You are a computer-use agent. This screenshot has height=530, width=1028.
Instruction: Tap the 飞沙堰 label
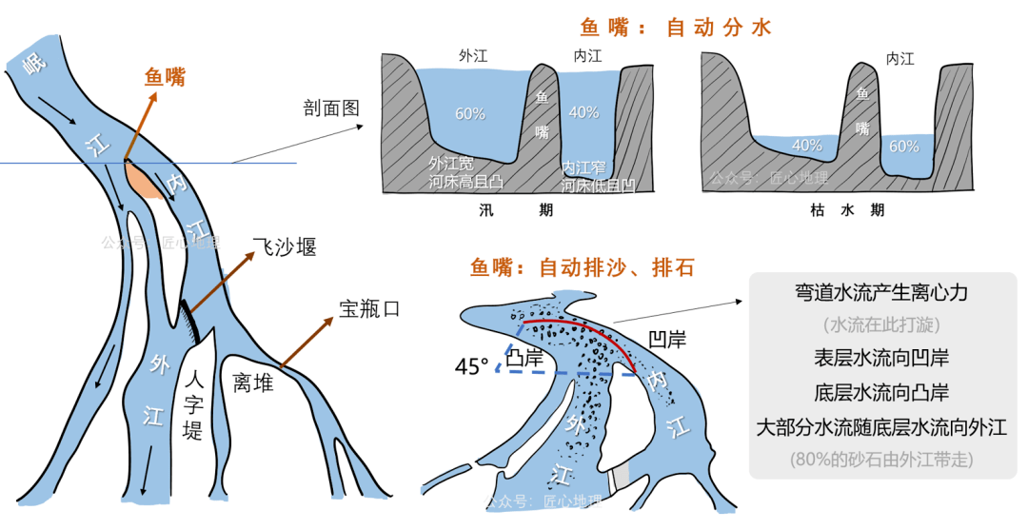coord(285,247)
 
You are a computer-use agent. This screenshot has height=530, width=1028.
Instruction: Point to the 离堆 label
coord(253,383)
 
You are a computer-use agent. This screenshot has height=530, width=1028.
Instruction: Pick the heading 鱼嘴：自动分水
coord(676,28)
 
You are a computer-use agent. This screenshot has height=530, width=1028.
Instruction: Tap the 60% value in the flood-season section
coord(470,113)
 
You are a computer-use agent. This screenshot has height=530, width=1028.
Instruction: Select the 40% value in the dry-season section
coord(806,146)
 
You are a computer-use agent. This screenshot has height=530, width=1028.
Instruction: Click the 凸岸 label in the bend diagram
coord(526,359)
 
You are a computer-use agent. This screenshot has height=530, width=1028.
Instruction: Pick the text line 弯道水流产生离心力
coord(882,294)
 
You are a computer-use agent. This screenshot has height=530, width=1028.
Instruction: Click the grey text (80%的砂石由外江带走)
coord(882,459)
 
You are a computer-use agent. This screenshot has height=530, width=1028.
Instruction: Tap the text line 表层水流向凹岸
coord(882,359)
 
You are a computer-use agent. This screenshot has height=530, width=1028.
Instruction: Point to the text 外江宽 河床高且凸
coord(465,172)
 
